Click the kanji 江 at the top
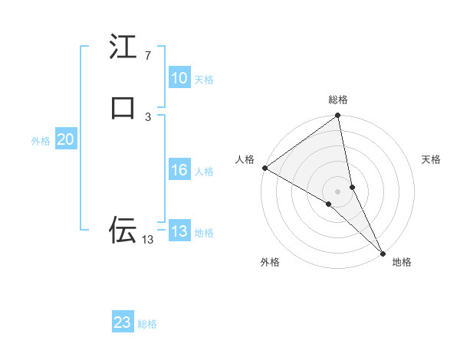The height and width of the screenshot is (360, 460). [123, 47]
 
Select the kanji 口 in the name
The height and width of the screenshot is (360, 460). [123, 107]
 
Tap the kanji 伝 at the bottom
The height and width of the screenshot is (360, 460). [123, 230]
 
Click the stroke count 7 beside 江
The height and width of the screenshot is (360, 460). [147, 56]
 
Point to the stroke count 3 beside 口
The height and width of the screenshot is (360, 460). [147, 116]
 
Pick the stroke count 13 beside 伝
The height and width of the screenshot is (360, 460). [147, 240]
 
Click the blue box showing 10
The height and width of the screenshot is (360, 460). [179, 78]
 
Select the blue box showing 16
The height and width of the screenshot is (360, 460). [179, 170]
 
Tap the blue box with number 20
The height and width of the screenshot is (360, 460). [65, 139]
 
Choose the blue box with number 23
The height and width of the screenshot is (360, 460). [123, 322]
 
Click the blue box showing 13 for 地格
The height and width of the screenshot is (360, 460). [179, 231]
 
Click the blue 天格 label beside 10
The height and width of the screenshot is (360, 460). [204, 80]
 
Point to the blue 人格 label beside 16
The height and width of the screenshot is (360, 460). [204, 172]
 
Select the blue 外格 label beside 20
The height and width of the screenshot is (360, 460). [41, 141]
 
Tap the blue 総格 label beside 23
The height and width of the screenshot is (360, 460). [147, 324]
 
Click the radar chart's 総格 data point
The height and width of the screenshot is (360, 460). [338, 116]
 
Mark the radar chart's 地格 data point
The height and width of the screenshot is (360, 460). [383, 252]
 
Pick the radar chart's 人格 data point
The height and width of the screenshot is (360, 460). [264, 168]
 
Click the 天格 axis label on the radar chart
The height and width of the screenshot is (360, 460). [431, 159]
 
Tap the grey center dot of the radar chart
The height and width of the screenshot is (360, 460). [338, 191]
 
